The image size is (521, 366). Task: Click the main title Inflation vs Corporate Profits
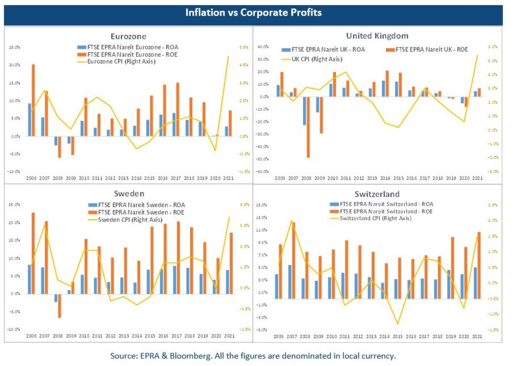click(x=254, y=13)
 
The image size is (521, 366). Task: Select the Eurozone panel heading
click(x=128, y=36)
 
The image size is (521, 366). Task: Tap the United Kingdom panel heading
click(x=377, y=36)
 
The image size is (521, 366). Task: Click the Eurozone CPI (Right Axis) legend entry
click(x=122, y=62)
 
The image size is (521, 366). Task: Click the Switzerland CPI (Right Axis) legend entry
click(x=376, y=218)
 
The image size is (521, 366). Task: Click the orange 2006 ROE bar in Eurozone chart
click(x=33, y=100)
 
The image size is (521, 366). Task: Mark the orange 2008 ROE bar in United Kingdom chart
click(x=308, y=127)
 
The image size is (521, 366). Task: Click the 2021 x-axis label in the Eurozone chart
click(x=229, y=178)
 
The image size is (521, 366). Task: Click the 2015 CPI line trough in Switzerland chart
click(x=397, y=323)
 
